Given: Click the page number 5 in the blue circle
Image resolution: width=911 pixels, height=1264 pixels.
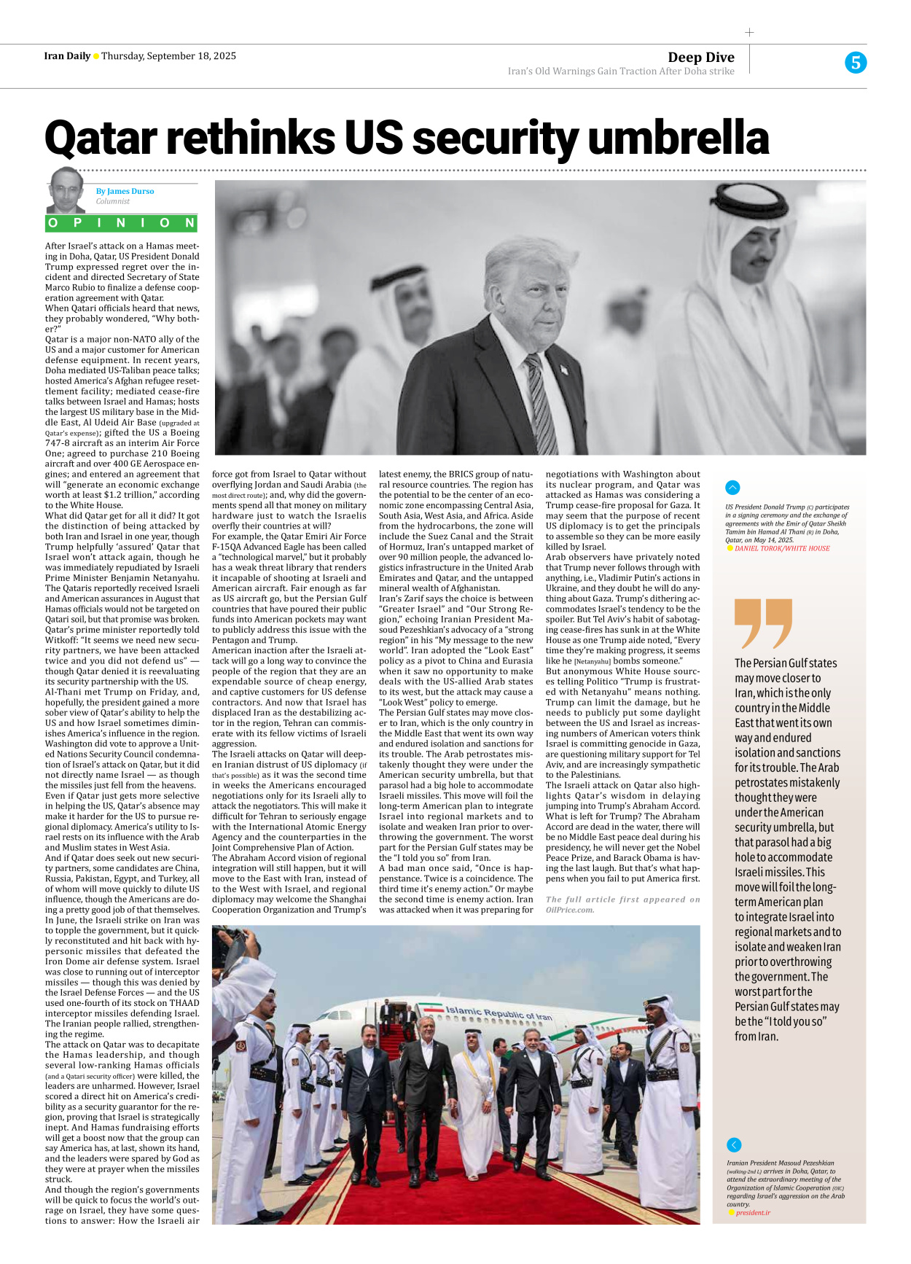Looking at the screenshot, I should point(855,63).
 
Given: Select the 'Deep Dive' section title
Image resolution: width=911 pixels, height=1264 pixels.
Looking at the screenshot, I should point(700,57).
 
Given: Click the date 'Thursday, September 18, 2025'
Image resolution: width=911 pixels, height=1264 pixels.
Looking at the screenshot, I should point(168,56).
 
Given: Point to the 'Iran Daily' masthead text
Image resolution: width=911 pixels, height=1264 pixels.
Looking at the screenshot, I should point(67,56).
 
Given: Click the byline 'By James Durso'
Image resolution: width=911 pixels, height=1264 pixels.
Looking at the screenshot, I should point(125,191).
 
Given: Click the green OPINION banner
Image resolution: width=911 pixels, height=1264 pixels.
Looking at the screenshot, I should point(122,223).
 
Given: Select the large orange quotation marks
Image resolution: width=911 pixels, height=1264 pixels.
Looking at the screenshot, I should point(762,623).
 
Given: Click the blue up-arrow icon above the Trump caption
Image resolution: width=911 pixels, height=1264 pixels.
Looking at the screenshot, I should point(732,488).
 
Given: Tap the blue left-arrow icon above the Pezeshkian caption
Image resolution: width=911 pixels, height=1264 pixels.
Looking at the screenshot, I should point(734,1144).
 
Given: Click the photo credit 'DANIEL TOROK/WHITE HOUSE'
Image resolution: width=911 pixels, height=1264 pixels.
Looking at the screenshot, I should point(781,548).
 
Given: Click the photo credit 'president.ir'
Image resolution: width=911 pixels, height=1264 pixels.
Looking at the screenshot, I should point(753,1212).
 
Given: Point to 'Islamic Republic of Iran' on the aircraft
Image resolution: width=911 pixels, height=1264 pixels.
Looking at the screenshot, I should point(498,1013).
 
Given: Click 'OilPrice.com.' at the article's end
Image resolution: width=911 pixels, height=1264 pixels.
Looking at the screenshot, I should point(569,910).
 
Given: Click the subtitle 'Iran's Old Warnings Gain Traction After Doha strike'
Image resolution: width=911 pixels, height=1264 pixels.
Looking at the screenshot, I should point(620,71).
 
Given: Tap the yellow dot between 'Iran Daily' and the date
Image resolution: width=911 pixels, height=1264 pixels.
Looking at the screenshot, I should point(96,56).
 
